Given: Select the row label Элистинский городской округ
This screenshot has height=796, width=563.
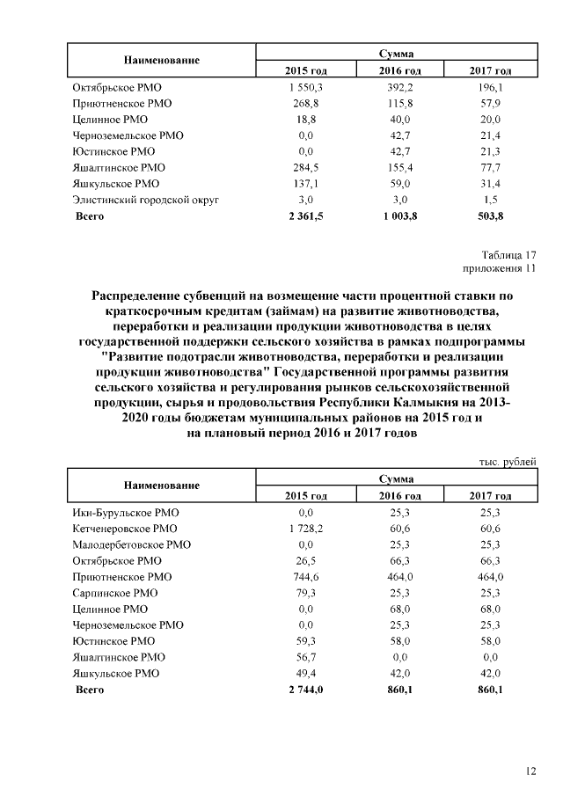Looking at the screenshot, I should click(145, 200).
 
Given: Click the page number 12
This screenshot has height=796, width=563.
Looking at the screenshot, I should click(530, 770).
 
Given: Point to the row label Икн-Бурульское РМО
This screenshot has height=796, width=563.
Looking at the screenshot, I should click(124, 512).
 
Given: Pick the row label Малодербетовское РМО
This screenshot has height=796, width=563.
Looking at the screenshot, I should click(131, 544).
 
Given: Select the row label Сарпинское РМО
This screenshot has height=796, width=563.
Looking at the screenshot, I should click(114, 593).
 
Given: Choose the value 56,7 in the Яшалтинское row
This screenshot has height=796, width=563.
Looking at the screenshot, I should click(306, 657).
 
